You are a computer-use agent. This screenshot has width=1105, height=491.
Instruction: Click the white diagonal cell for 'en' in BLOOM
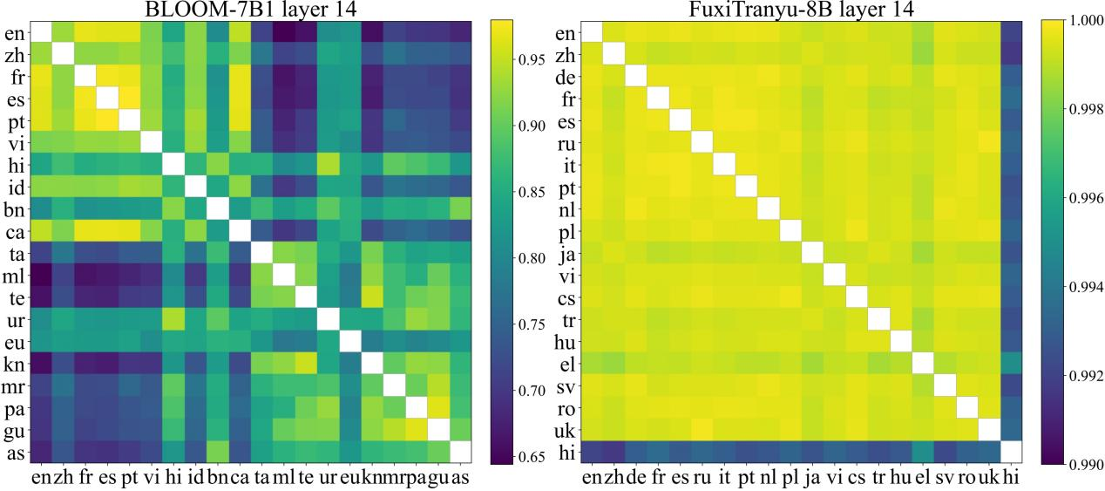tap(40, 31)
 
